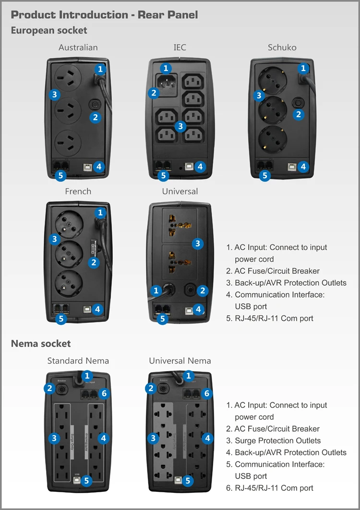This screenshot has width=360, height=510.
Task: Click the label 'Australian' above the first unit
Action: coord(78,47)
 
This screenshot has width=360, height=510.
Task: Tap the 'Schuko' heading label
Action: coord(282,47)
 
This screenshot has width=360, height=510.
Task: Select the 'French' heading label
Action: coord(78,191)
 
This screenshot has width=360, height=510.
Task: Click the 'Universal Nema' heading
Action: coord(180,361)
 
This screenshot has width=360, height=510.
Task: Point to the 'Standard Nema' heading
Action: coord(78,361)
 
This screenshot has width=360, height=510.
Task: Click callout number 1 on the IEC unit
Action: coord(166,69)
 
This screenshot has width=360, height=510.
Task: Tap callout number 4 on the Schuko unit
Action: coord(302,167)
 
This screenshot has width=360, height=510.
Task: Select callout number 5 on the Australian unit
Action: coord(60,175)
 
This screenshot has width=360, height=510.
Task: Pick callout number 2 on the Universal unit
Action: coord(203,291)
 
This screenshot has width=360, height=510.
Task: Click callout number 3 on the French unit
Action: coord(54,239)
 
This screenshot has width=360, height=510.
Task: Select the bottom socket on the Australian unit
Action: coord(67,142)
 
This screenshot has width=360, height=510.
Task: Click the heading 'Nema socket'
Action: coord(41,343)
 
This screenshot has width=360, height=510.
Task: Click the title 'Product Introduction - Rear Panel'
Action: coord(104,14)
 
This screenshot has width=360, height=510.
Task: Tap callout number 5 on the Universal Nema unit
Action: coord(188,480)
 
